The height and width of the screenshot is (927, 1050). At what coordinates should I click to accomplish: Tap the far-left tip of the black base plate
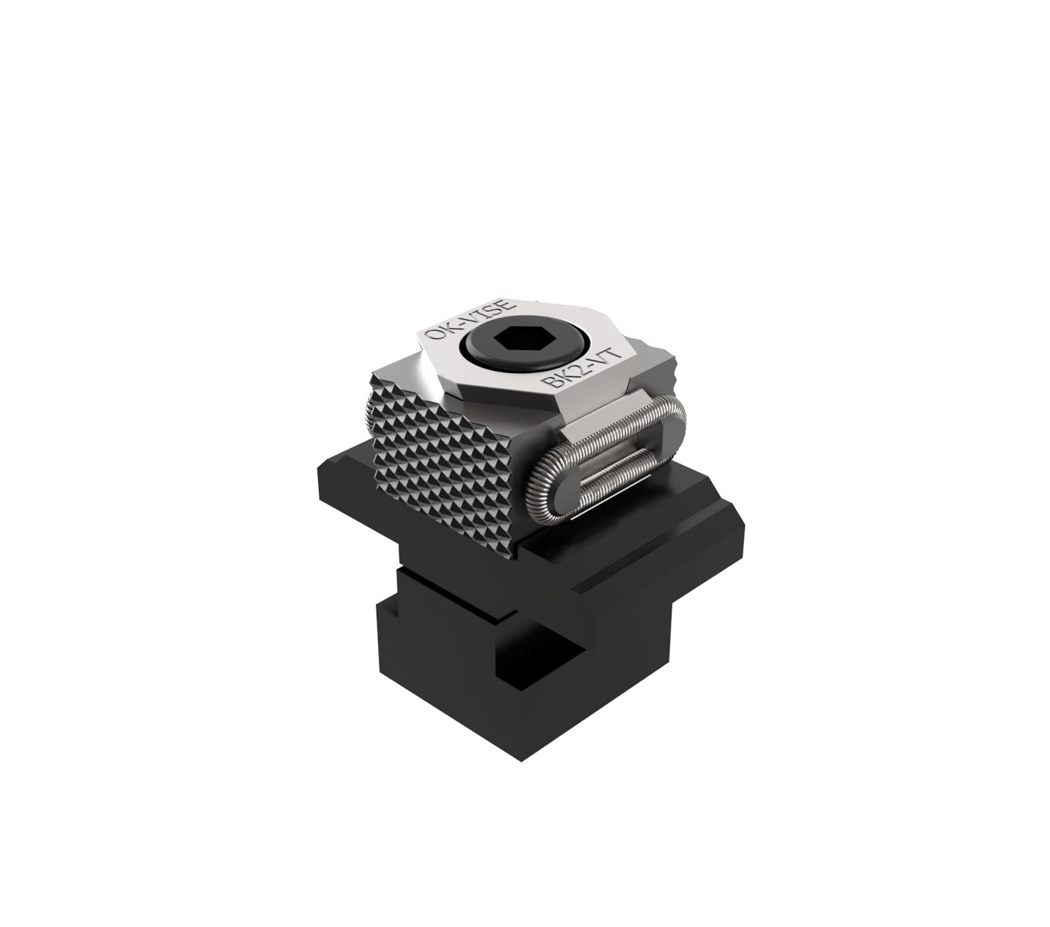(x=318, y=470)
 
